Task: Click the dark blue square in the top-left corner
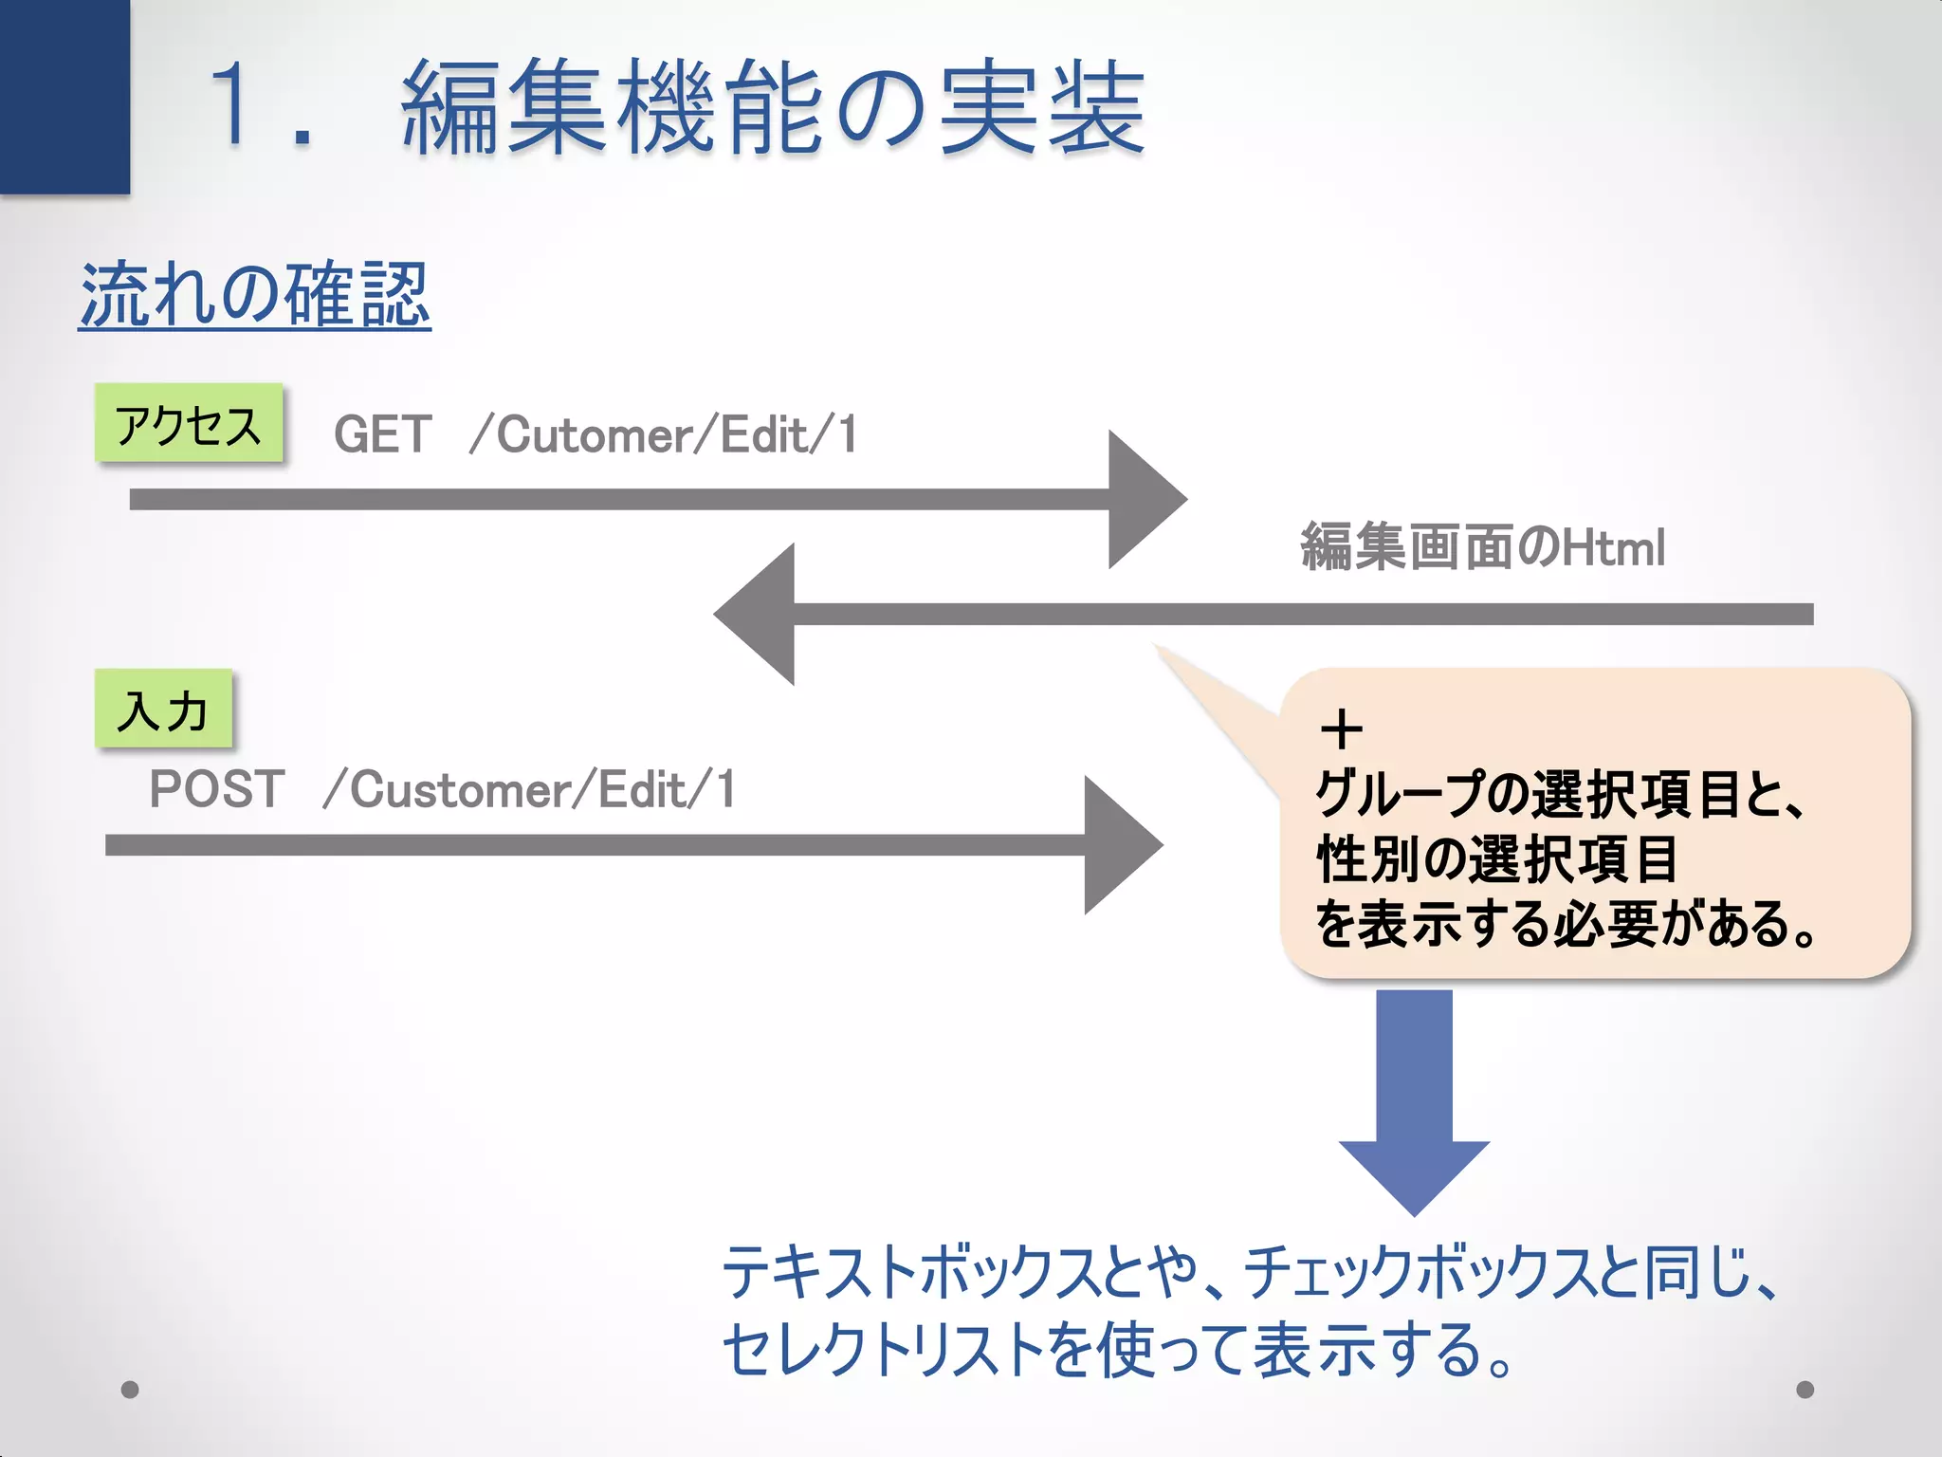tap(64, 95)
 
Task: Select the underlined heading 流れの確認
tap(254, 296)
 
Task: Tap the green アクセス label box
tap(189, 424)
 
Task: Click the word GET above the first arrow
tap(383, 435)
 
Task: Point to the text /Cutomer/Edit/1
tap(664, 435)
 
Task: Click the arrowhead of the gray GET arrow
tap(1143, 499)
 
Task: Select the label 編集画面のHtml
tap(1482, 547)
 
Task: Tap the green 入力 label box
tap(163, 710)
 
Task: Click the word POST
tap(217, 789)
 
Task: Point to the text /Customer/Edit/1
tap(530, 789)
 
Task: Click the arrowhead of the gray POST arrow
tap(1119, 844)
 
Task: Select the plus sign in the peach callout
tap(1341, 730)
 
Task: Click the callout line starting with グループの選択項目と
tap(1559, 794)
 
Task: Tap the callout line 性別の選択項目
tap(1497, 858)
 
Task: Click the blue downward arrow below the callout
tap(1414, 1100)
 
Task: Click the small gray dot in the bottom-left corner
tap(131, 1390)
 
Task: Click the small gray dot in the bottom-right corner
tap(1805, 1390)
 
